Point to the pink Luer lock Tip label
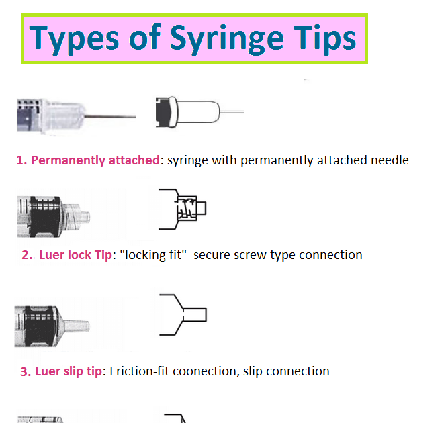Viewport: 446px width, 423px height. (75, 255)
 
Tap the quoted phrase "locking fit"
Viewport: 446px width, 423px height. (152, 255)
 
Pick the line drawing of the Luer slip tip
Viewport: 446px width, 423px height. (183, 314)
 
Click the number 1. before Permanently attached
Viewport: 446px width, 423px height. (22, 160)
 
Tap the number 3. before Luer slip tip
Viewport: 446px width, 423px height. (26, 371)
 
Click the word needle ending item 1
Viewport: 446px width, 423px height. (389, 160)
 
